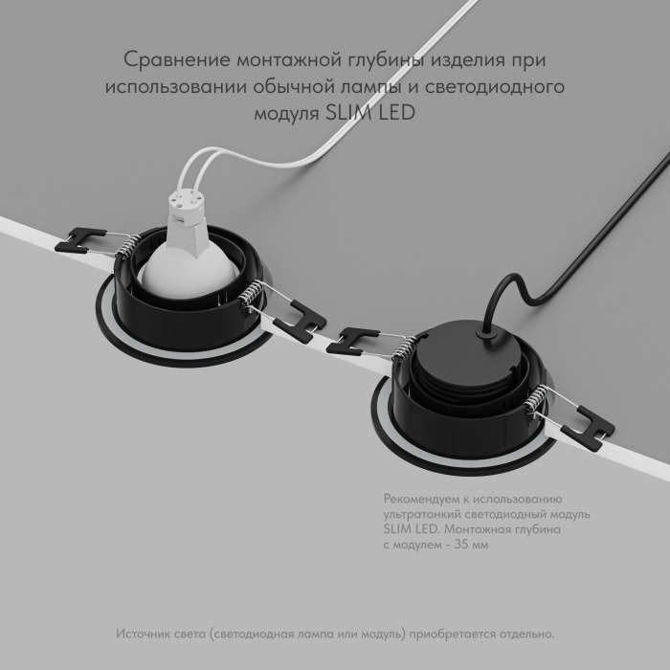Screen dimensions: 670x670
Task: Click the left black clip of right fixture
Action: coord(353,337)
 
